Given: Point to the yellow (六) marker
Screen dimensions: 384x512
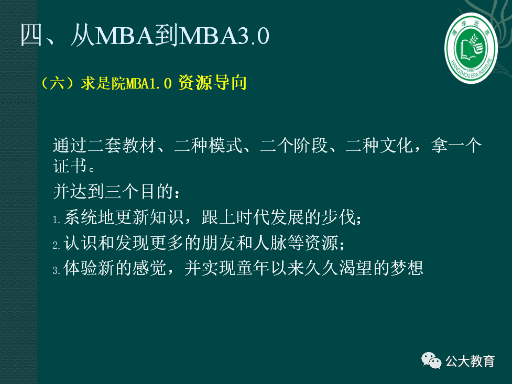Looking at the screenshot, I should [x=59, y=83].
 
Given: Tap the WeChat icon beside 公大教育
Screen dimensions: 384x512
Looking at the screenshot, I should [x=432, y=361].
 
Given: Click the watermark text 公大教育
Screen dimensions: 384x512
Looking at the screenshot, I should [x=470, y=361].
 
